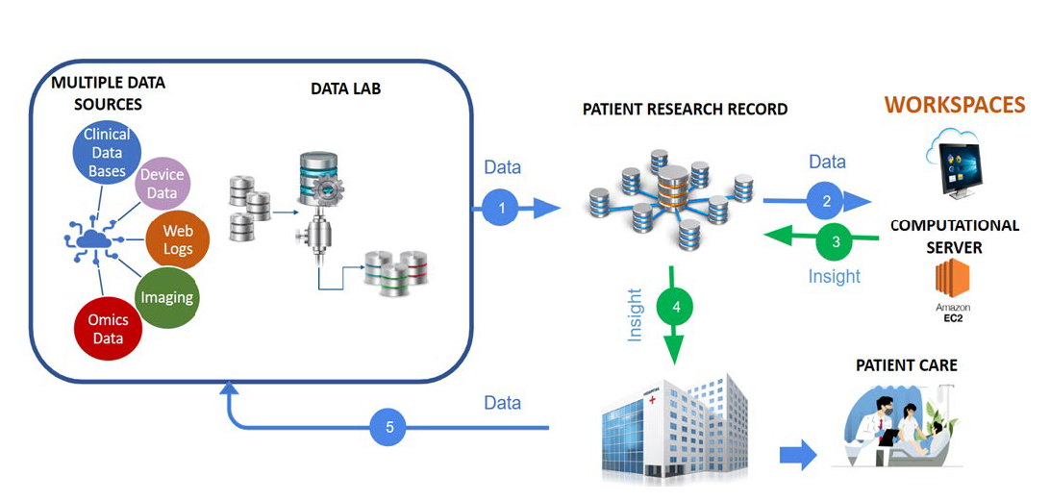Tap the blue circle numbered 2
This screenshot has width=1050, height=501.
tap(825, 201)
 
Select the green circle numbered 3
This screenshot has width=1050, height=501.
tap(836, 242)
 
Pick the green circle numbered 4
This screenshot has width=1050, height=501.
tap(676, 308)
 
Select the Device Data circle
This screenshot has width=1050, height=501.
tap(162, 183)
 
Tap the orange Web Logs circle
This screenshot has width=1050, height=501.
tap(177, 239)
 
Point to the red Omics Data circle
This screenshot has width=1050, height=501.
tap(108, 329)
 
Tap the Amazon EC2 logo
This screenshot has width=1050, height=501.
tap(952, 289)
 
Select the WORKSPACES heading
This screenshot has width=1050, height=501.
tap(954, 104)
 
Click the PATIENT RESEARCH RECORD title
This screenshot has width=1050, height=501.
tap(685, 109)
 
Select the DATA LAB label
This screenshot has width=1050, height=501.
tap(345, 88)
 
